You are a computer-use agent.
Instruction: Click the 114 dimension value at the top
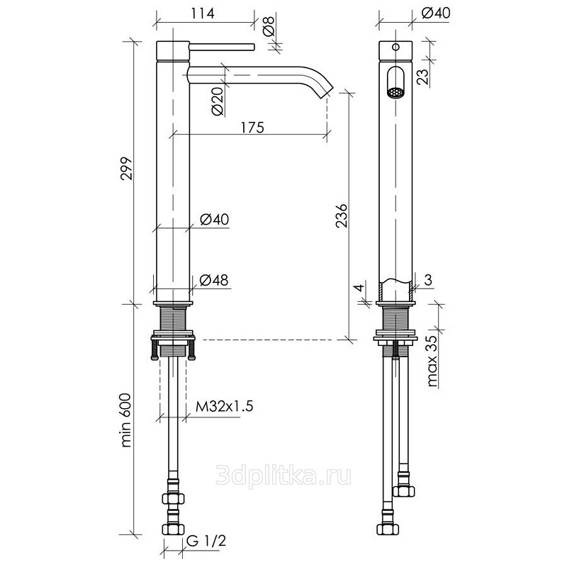[203, 13]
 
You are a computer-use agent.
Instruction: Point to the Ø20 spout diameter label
[218, 102]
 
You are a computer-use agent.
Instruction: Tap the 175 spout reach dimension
[252, 128]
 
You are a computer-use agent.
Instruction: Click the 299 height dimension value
[127, 169]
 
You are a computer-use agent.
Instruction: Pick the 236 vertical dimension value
[342, 216]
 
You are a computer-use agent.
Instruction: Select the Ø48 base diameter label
[214, 280]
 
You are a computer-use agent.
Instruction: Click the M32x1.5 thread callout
[224, 406]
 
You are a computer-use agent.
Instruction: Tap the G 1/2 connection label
[207, 541]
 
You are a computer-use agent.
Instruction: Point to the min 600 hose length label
[126, 420]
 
